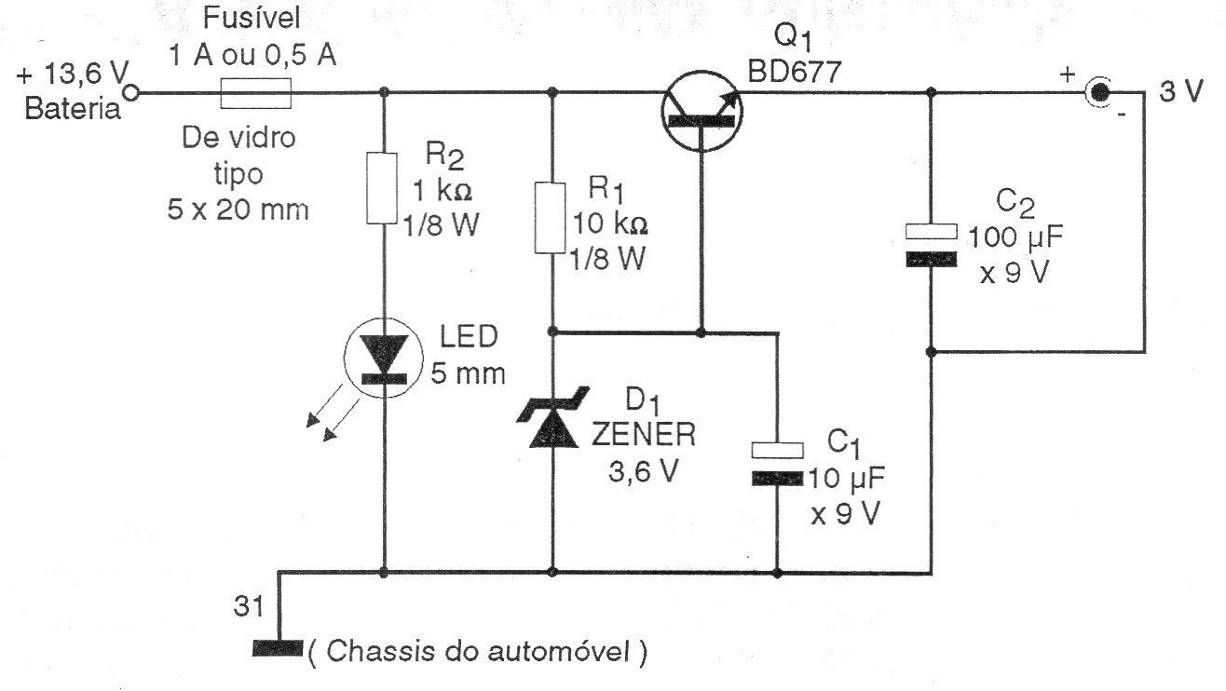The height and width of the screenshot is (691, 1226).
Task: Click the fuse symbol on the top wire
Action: point(255,93)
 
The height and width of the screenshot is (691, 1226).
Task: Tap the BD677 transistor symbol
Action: point(702,111)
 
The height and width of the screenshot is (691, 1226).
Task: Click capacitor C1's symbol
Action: point(777,464)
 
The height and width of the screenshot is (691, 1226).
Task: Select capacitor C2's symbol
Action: point(931,246)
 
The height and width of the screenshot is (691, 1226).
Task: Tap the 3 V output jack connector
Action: point(1100,92)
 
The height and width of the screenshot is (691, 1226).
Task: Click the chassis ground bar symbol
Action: point(278,647)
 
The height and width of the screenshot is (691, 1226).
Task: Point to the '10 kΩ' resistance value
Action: point(607,225)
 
